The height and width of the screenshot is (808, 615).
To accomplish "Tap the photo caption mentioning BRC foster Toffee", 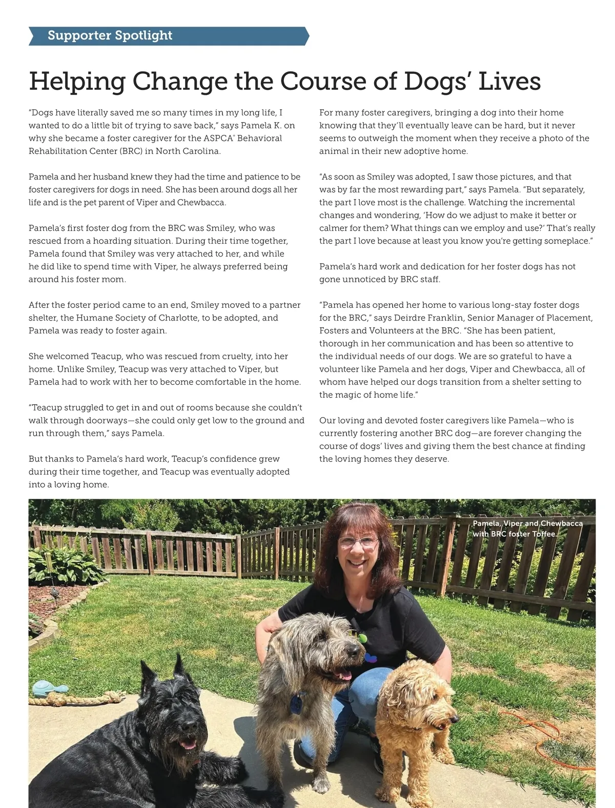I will (x=527, y=528).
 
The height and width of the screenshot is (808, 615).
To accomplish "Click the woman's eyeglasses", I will (x=358, y=542).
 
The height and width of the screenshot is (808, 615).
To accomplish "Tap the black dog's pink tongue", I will (x=188, y=743).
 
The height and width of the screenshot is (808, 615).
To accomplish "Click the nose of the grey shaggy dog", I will (x=355, y=651).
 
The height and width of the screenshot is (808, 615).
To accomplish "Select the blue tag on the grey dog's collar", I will (x=296, y=703).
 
